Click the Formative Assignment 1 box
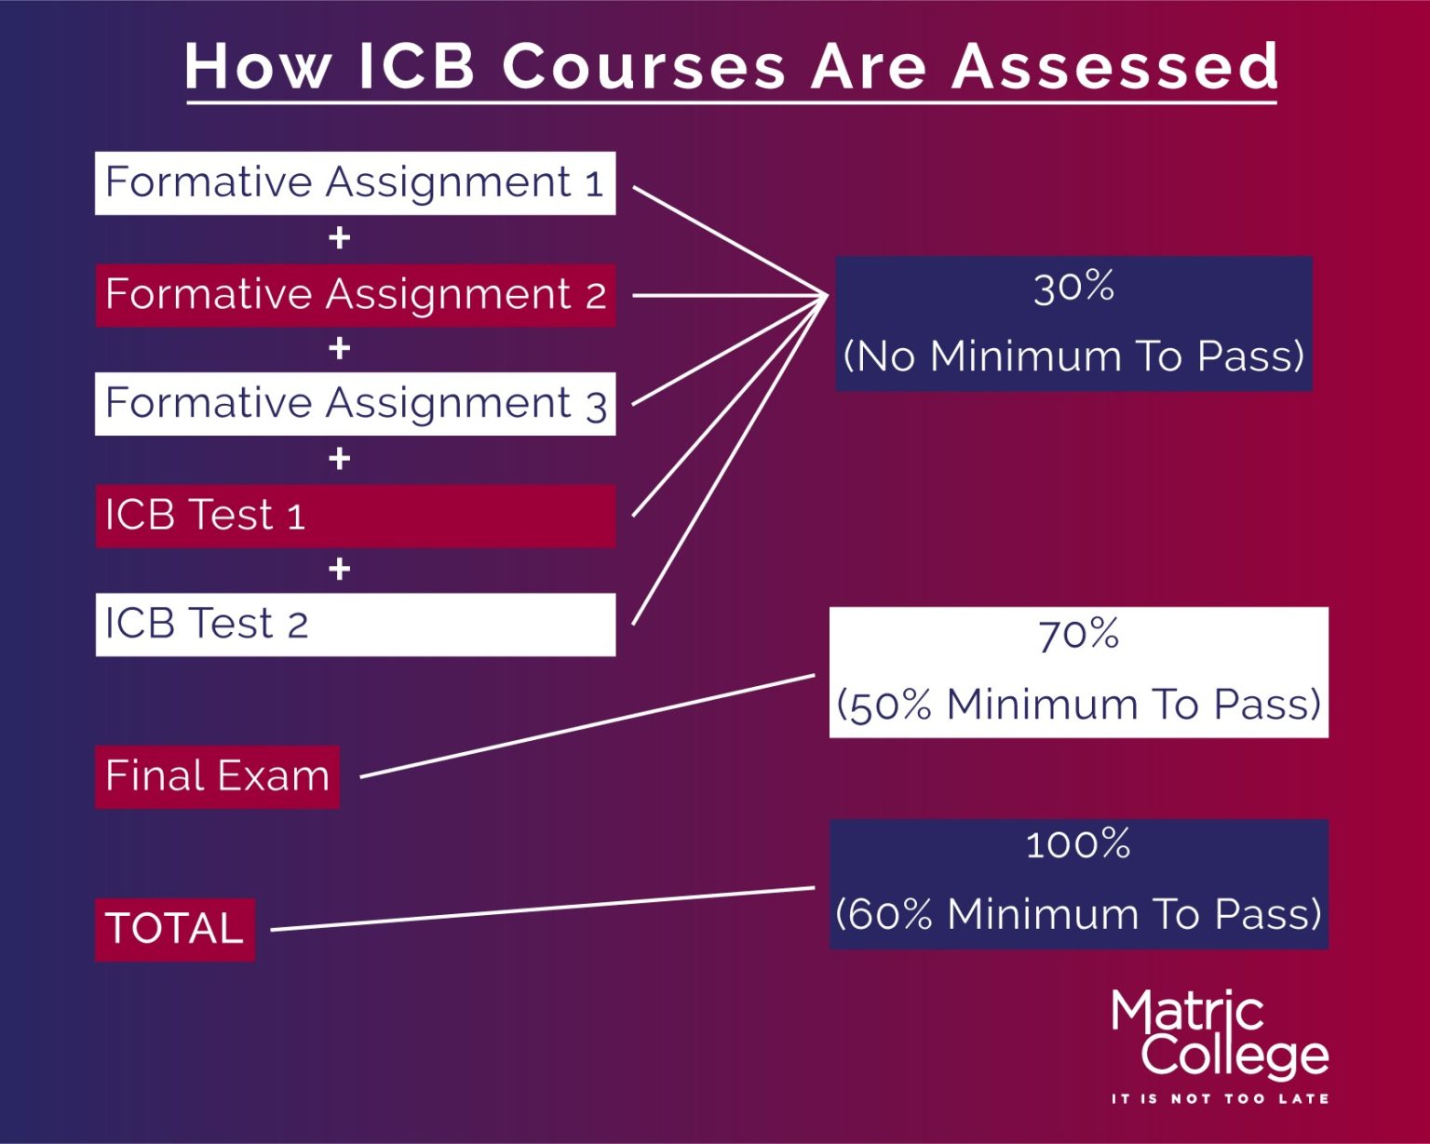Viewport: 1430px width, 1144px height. click(355, 182)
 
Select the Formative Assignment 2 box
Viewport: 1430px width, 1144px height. click(355, 294)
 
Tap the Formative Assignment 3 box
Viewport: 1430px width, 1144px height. click(355, 404)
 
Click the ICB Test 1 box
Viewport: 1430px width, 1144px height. click(355, 515)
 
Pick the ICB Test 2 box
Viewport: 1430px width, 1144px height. click(355, 624)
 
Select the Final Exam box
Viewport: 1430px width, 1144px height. click(217, 776)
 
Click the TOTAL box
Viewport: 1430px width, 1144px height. click(175, 929)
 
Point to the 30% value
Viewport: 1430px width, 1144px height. click(1073, 288)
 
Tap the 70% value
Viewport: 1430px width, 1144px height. click(1078, 636)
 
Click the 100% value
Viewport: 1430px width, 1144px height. click(1078, 845)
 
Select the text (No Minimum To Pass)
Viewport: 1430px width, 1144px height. click(1073, 357)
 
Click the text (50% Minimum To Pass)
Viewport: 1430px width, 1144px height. click(1078, 705)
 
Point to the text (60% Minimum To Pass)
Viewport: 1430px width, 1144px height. click(1078, 914)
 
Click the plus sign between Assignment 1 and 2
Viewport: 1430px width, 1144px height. click(340, 238)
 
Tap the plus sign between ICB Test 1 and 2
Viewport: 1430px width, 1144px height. click(340, 569)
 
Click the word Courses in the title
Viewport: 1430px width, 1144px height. click(643, 67)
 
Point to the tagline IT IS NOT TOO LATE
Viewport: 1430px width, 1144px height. click(1220, 1099)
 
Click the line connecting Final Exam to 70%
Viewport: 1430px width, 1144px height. click(587, 725)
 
